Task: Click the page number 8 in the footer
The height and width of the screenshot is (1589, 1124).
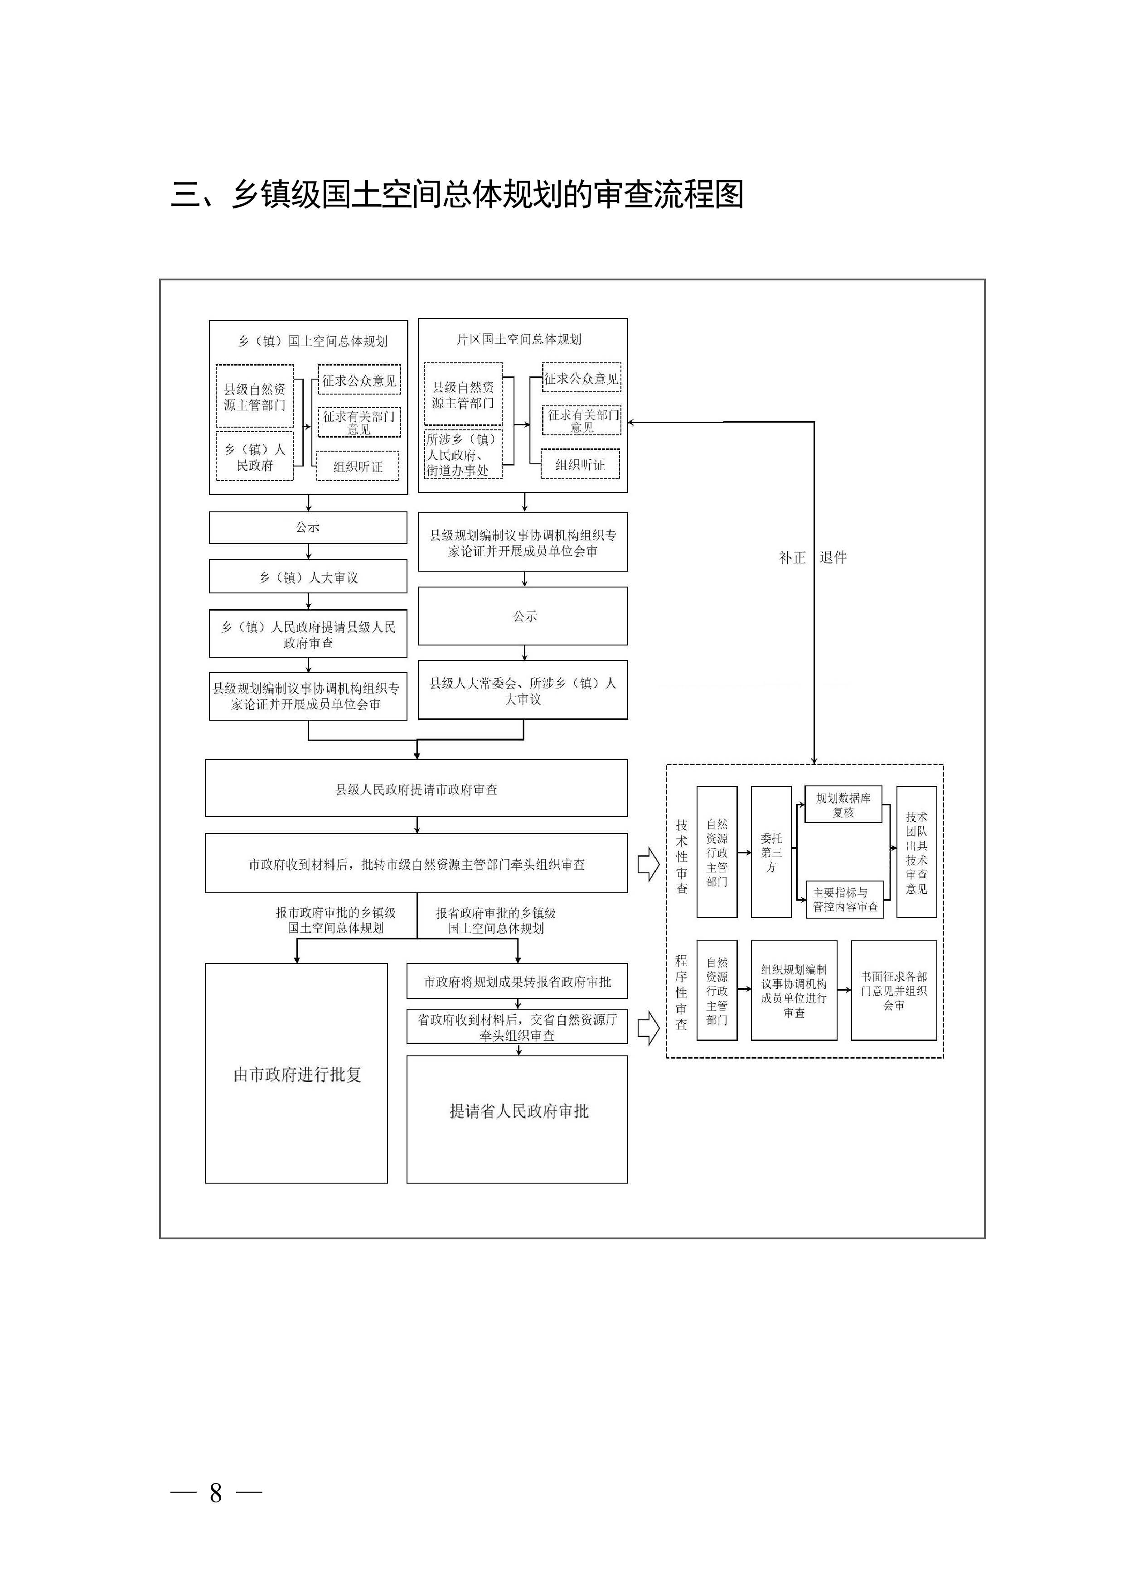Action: click(216, 1493)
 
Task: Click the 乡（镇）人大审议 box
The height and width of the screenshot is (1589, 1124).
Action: click(308, 577)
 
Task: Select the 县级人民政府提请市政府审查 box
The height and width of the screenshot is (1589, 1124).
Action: click(416, 789)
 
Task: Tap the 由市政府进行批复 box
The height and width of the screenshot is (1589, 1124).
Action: click(296, 1074)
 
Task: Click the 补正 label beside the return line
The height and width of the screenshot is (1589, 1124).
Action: click(792, 558)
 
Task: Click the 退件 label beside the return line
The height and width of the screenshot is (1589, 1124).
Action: click(833, 558)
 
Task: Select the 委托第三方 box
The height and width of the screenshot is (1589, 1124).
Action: click(771, 852)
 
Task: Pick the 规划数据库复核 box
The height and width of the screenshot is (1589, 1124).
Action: click(843, 805)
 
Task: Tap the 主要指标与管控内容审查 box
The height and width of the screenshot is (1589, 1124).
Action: click(845, 900)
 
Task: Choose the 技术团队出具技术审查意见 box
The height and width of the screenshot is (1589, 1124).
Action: click(916, 852)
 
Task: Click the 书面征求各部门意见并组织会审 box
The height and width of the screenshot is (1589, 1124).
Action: click(893, 990)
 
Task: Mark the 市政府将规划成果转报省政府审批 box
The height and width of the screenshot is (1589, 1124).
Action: click(517, 982)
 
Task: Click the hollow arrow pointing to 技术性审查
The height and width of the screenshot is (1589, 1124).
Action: click(648, 864)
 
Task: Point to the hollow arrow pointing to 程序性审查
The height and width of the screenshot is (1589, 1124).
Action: click(648, 1028)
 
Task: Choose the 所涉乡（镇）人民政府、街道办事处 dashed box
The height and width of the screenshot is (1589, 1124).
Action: click(463, 455)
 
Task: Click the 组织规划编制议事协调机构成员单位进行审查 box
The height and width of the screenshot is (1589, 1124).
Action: click(794, 990)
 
